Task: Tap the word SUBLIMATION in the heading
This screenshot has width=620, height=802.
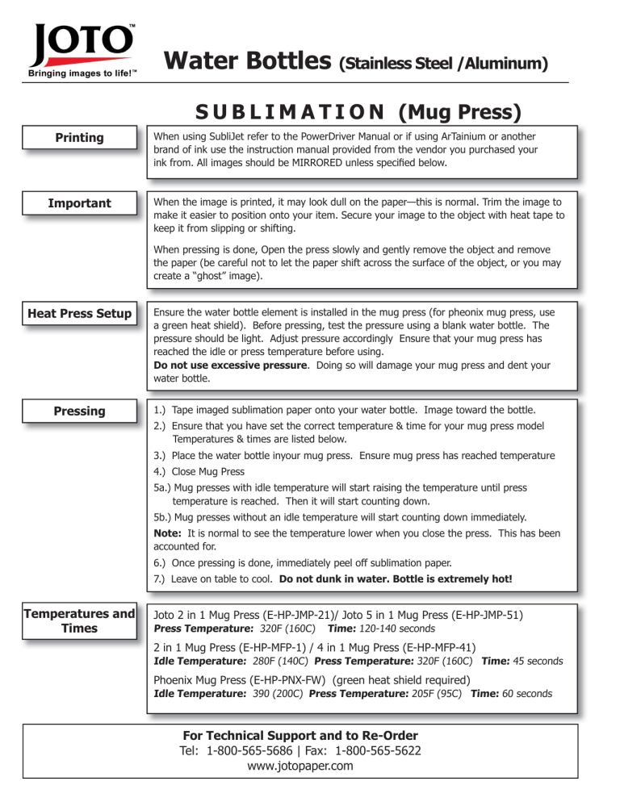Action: click(273, 110)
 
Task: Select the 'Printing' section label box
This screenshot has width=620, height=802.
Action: click(79, 138)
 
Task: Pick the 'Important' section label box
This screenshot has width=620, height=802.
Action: click(79, 203)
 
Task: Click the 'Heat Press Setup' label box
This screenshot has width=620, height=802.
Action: click(79, 313)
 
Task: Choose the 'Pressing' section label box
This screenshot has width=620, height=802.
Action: click(79, 411)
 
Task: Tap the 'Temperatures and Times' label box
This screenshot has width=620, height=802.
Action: click(79, 621)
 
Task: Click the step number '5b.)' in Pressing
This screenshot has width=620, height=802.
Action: click(167, 517)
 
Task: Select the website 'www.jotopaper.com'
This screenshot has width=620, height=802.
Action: click(300, 766)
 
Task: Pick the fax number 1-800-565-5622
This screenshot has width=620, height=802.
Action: click(371, 751)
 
